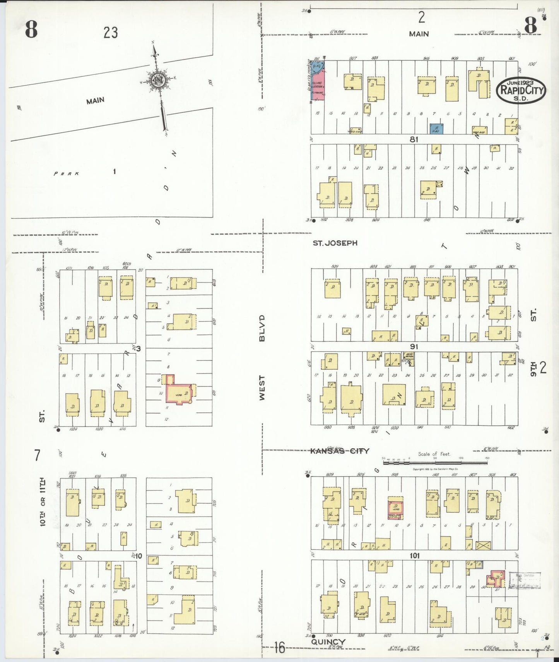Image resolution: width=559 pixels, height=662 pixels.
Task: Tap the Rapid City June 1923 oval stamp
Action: pos(521,90)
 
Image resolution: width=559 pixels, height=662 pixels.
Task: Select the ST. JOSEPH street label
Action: pos(335,243)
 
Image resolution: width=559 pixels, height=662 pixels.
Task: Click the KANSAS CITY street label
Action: pos(340,451)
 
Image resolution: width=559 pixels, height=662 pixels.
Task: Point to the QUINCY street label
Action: pos(328,642)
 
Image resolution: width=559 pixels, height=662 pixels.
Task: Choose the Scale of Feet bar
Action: pos(435,462)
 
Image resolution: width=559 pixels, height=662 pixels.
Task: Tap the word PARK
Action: pos(67,173)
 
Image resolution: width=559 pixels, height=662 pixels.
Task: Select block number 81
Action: pos(414,139)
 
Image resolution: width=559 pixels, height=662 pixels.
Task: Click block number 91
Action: pos(414,346)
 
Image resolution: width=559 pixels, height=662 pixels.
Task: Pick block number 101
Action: pos(414,556)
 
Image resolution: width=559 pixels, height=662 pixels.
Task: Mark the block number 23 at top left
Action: pos(110,33)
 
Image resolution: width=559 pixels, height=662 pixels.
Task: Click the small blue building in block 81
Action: pos(436,129)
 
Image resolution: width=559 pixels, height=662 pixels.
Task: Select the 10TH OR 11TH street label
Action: pos(43,502)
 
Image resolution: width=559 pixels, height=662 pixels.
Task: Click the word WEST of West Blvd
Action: pos(262,388)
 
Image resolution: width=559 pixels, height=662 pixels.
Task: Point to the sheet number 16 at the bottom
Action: pos(279,647)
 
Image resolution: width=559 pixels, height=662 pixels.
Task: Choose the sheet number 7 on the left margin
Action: pos(37,455)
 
